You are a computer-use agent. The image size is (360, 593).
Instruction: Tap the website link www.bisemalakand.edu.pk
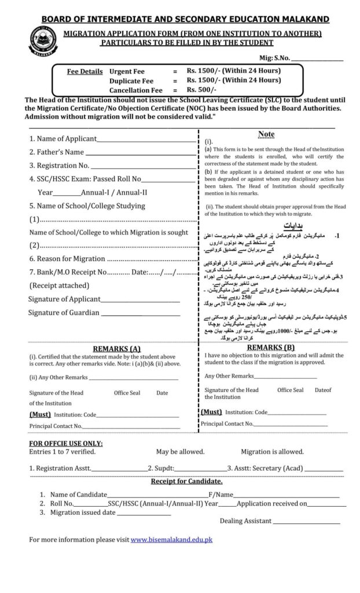(171, 540)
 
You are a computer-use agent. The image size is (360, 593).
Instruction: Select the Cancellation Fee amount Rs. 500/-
(201, 90)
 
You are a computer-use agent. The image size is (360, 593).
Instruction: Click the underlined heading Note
(266, 134)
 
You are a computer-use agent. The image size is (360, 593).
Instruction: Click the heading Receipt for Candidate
(186, 481)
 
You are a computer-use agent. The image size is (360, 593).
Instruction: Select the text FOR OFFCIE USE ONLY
(65, 443)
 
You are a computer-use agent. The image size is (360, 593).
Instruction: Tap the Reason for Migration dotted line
(152, 259)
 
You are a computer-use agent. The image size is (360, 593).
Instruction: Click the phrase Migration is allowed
(272, 452)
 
